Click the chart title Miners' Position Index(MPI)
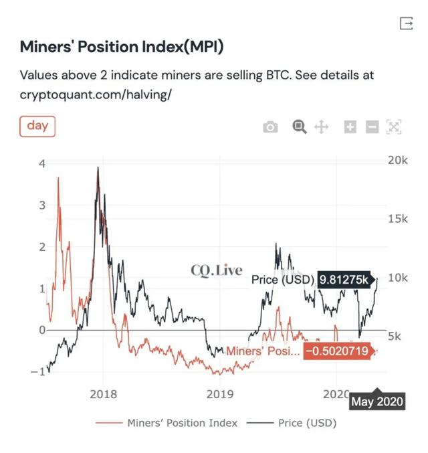tap(121, 48)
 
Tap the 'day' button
tap(37, 125)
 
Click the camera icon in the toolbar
tap(270, 127)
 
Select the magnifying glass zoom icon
tap(300, 126)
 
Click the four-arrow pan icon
tap(321, 127)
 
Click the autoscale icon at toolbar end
tap(394, 127)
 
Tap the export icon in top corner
tap(406, 23)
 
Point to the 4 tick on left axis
tap(41, 163)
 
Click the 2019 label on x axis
tap(220, 394)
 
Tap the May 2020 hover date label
tap(377, 401)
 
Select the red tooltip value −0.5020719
tap(337, 351)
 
